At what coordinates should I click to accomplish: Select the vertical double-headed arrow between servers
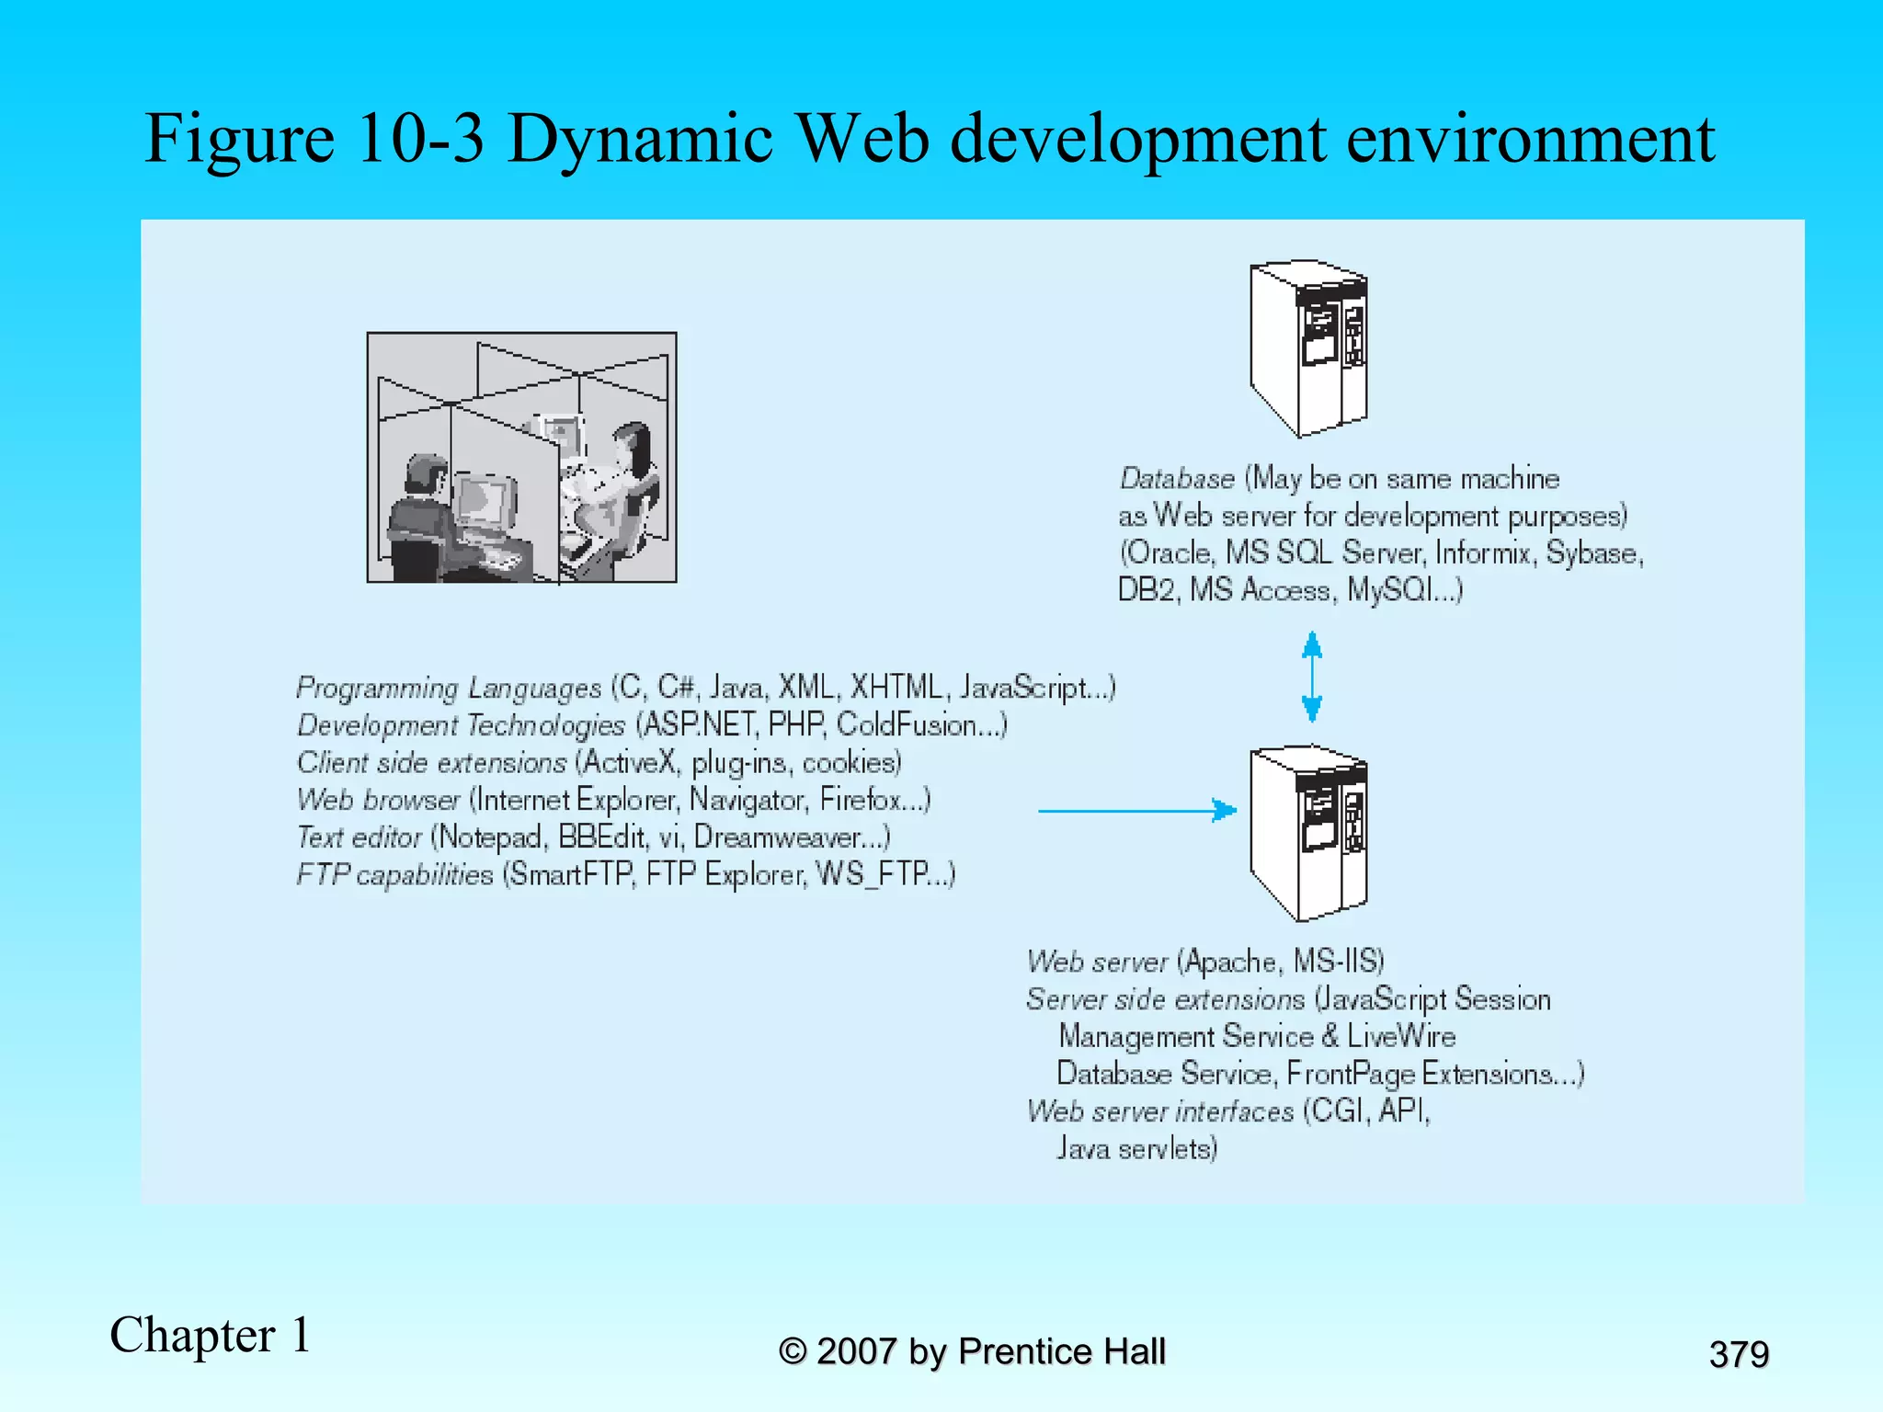click(1312, 677)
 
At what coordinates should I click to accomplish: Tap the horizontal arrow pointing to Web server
click(1136, 810)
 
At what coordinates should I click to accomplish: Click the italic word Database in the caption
click(1177, 479)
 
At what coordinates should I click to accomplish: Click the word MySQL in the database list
click(1389, 590)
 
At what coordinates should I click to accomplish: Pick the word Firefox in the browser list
click(860, 800)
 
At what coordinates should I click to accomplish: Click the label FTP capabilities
click(394, 874)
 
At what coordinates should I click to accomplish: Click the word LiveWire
click(1401, 1037)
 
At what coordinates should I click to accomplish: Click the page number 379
click(1739, 1354)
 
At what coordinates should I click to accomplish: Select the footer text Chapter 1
click(211, 1335)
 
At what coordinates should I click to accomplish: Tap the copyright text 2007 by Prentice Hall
click(990, 1351)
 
